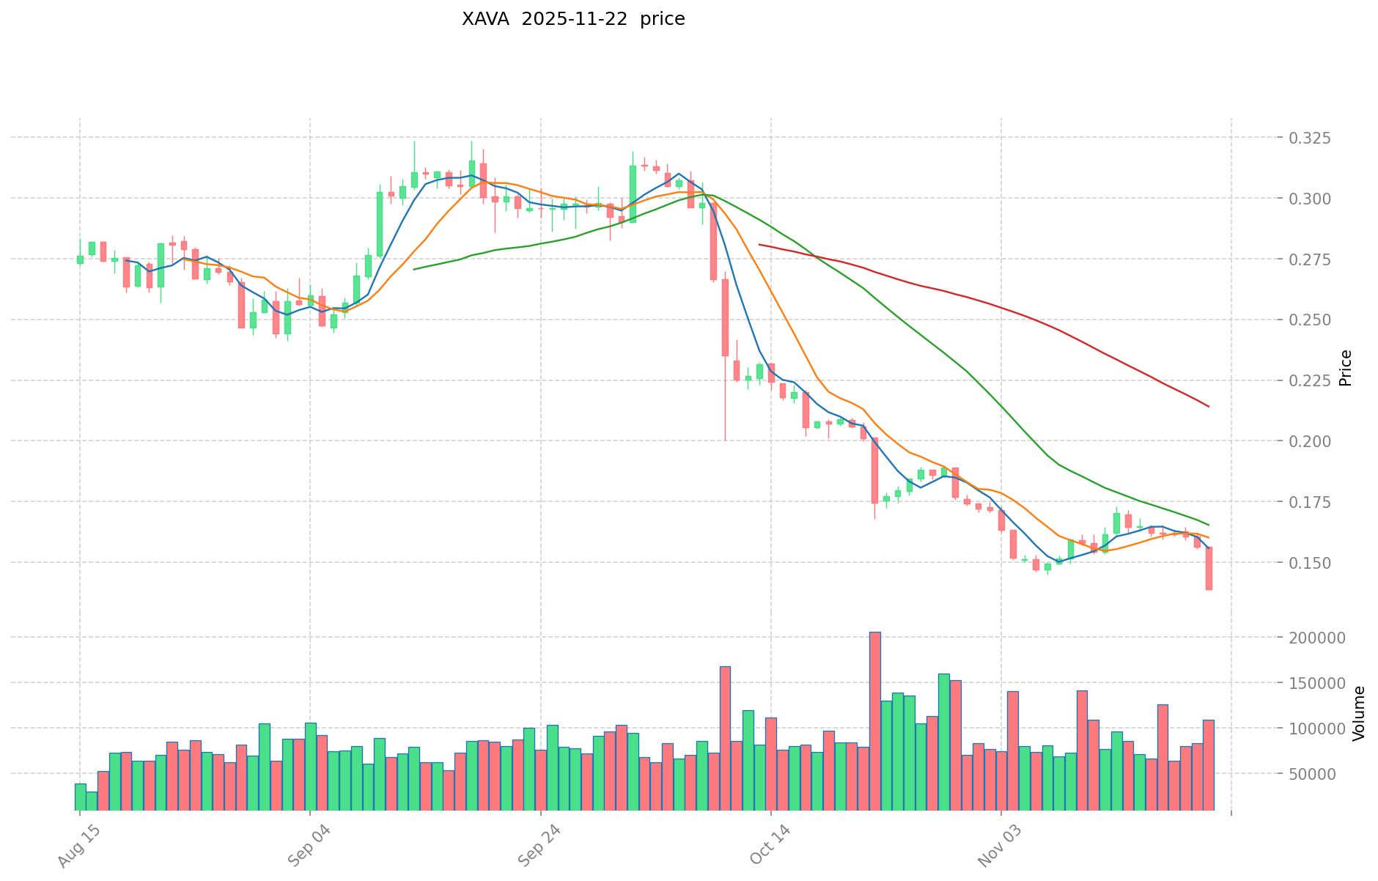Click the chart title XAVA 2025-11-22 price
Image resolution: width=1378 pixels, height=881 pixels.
[x=573, y=20]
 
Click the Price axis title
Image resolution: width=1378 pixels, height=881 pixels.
[x=1345, y=368]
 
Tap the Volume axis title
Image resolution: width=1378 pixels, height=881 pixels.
[x=1360, y=713]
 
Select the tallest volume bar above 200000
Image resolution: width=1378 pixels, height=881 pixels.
[x=875, y=720]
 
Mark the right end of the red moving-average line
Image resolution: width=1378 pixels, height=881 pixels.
[x=1209, y=407]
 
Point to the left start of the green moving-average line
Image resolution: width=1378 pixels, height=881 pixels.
[x=414, y=269]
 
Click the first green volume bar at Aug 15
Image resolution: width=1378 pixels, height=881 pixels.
[x=80, y=797]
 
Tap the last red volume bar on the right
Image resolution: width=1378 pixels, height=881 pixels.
[x=1209, y=764]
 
